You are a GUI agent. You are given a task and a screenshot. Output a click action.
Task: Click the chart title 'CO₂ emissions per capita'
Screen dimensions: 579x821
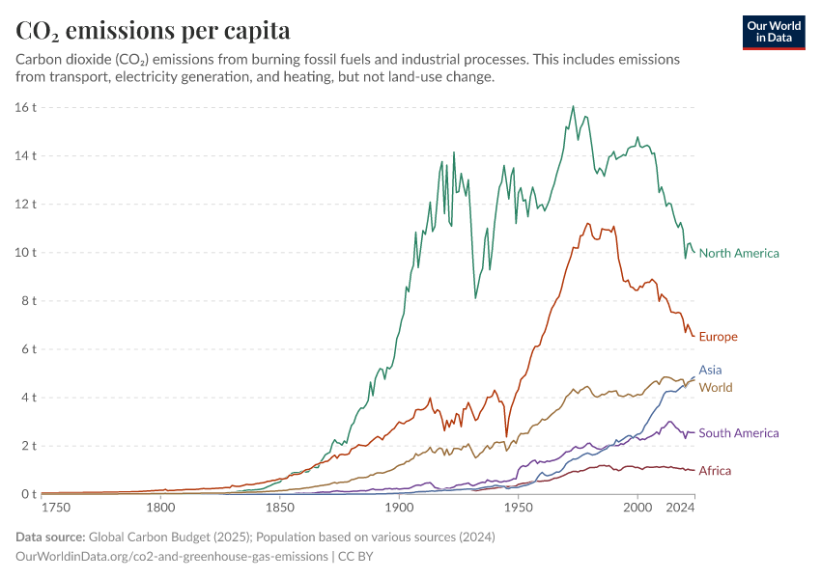pos(154,31)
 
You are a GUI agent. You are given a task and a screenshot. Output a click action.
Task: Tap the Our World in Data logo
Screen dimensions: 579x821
pos(774,31)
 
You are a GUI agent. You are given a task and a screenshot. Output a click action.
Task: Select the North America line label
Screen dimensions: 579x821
pos(738,254)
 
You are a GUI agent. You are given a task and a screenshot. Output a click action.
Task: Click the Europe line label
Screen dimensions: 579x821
pos(718,337)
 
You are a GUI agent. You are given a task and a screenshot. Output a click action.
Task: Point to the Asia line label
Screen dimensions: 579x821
pos(710,370)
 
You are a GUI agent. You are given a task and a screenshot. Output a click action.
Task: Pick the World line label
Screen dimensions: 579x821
pos(715,388)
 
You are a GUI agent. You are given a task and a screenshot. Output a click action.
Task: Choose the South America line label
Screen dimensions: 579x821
pos(738,433)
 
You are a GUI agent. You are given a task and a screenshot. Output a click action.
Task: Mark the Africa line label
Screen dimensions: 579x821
pos(715,471)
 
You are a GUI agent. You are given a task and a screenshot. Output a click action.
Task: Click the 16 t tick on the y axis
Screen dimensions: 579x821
pos(25,107)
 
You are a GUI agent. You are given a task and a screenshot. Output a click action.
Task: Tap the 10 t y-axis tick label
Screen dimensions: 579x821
pos(25,253)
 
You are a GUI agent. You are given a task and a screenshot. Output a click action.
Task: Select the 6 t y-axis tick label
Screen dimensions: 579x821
pos(27,349)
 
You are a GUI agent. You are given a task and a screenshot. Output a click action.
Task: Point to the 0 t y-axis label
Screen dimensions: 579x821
pos(27,494)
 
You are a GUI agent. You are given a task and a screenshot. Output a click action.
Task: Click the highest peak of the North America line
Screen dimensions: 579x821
pos(573,106)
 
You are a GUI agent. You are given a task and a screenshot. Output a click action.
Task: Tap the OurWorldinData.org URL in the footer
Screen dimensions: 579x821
pos(170,557)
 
